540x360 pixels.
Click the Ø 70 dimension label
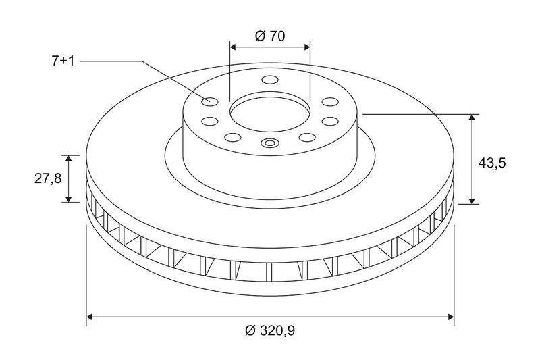[x=270, y=36]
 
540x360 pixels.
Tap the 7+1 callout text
[x=63, y=61]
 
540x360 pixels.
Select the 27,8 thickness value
[x=48, y=178]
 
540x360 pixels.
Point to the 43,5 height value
[x=492, y=163]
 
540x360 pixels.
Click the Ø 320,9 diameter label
[x=270, y=331]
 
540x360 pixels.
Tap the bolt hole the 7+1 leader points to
[x=210, y=101]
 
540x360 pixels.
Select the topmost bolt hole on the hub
[x=270, y=80]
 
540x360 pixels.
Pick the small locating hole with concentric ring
[x=269, y=143]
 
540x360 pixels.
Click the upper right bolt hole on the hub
[x=330, y=101]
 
